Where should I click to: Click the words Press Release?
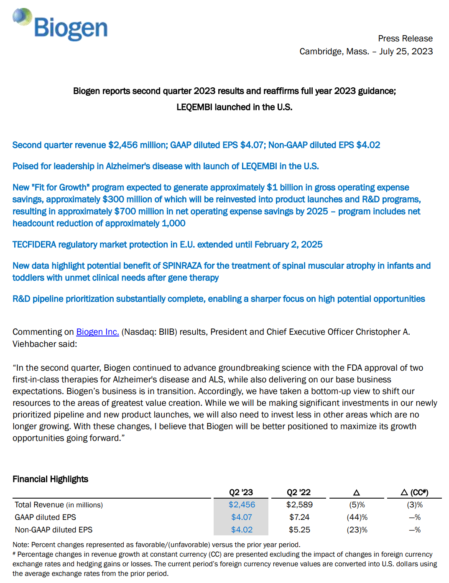point(405,38)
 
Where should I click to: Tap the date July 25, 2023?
point(406,51)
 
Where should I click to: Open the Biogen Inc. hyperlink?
point(97,332)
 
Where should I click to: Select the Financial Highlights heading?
point(50,479)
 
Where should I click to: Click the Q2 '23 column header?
point(241,492)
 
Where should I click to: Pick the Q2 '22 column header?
point(298,492)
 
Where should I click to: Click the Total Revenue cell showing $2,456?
point(242,505)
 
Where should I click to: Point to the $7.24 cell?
point(299,517)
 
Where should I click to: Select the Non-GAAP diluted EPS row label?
point(54,530)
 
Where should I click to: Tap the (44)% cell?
point(357,517)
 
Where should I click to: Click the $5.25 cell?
point(299,530)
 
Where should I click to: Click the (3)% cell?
point(415,505)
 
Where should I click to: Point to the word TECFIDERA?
point(34,244)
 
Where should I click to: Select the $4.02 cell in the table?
point(242,530)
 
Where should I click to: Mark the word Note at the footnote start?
point(20,545)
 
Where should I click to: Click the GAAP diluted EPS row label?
point(45,517)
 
